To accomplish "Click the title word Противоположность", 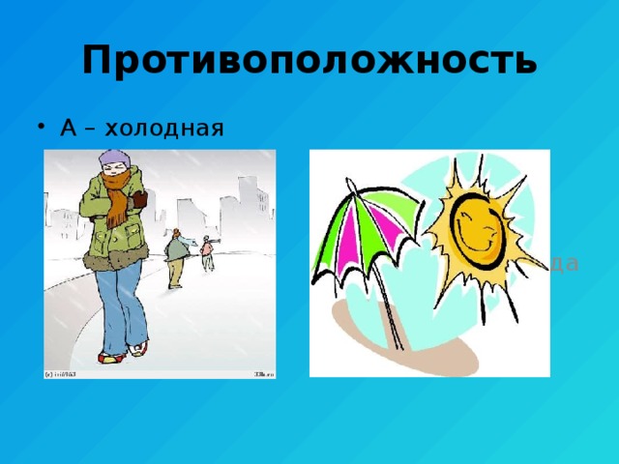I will coord(309,60).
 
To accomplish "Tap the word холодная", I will coord(168,128).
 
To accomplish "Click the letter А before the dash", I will coord(68,128).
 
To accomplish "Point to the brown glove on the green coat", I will coord(139,199).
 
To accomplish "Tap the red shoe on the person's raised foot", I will coord(140,347).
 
